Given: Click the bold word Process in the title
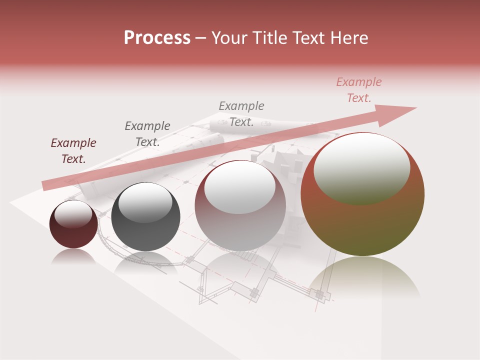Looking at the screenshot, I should [x=157, y=38].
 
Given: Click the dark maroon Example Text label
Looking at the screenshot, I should [x=73, y=151].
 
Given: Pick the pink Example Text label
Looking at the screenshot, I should [x=358, y=90].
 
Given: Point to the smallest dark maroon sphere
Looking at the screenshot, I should [x=73, y=224].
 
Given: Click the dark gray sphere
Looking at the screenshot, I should [x=145, y=217].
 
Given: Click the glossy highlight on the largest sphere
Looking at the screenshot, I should [x=361, y=169].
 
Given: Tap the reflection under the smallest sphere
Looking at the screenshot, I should [x=73, y=256].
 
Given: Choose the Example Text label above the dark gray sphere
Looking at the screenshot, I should [x=147, y=134].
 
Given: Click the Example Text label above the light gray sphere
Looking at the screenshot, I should [x=241, y=114].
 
